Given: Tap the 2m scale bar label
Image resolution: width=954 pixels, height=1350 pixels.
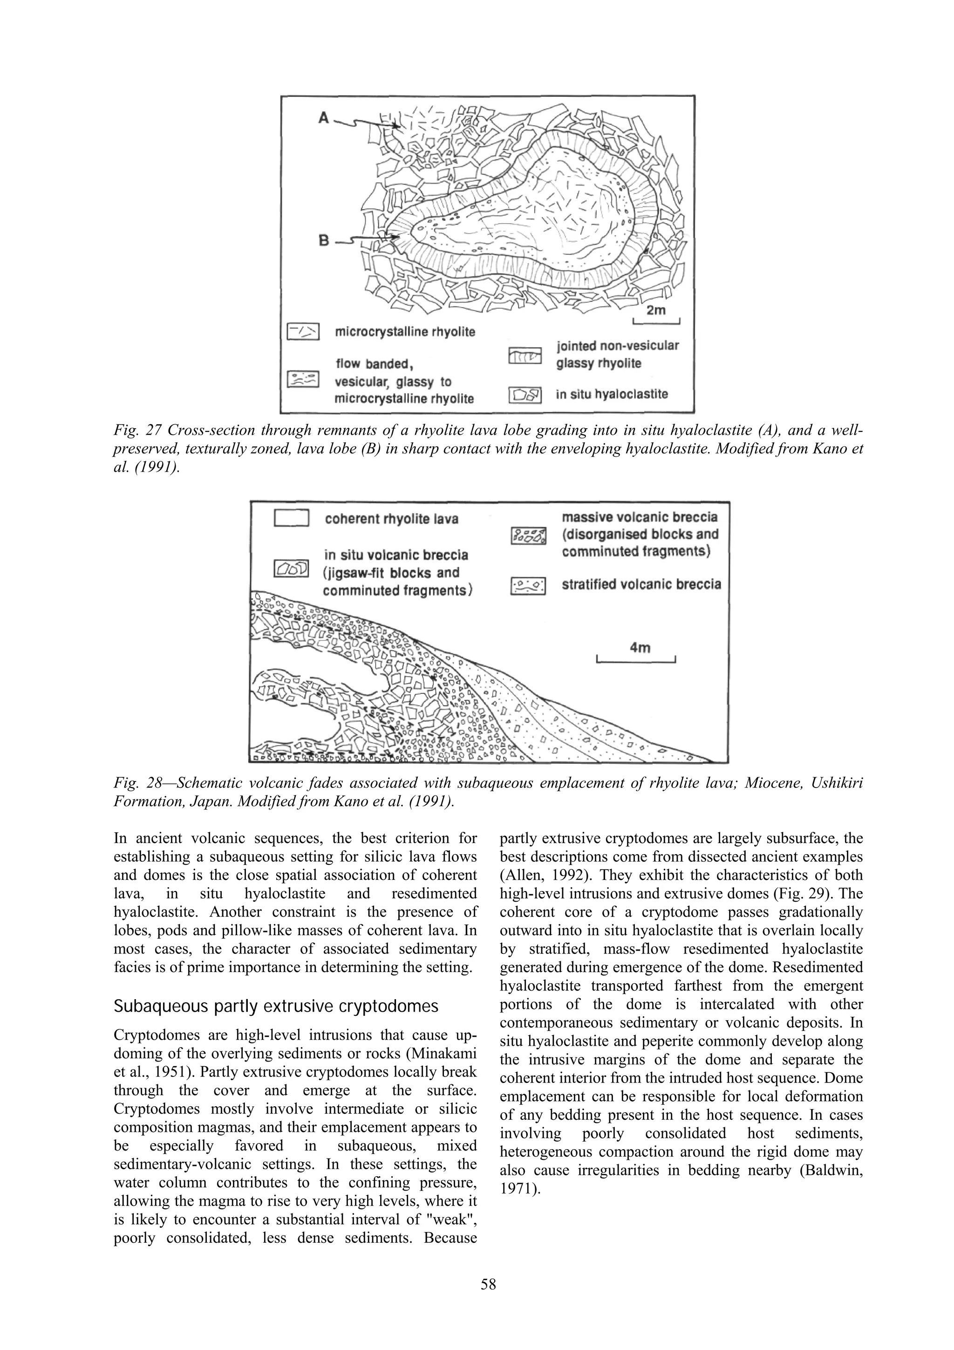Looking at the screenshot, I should tap(656, 310).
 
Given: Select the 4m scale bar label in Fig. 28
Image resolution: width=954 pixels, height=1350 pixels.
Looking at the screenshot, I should tap(640, 647).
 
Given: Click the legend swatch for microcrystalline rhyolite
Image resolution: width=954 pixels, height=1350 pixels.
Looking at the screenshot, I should tap(302, 332).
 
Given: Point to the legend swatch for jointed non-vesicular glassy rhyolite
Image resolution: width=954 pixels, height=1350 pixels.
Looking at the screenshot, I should tap(525, 357).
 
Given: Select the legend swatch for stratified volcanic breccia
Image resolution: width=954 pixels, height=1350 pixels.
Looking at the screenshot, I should tap(528, 585).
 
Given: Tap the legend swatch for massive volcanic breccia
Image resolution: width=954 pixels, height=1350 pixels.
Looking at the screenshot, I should tap(528, 535).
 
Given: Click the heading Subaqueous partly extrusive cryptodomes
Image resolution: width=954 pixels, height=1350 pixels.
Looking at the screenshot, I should tap(276, 1007).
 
